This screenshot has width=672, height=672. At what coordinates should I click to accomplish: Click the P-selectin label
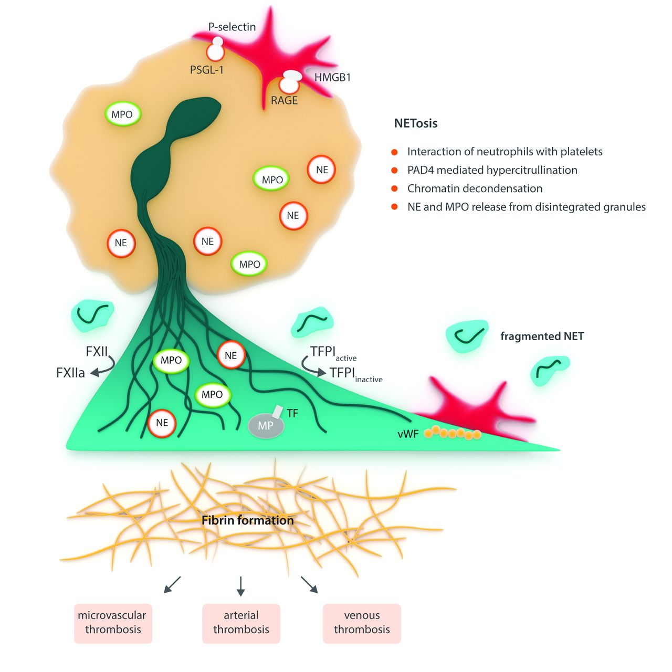point(232,27)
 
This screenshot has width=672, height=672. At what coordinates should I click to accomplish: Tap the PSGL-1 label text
point(207,69)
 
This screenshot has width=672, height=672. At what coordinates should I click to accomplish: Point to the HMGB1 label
point(332,78)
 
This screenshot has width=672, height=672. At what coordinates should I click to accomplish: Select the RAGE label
point(284,100)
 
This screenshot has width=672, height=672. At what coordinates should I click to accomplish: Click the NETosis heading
point(416,124)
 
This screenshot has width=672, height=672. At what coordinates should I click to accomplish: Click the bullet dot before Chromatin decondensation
point(394,188)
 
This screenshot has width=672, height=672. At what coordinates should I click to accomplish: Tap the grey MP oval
point(266,426)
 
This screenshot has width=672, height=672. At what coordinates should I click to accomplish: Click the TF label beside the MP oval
point(292,414)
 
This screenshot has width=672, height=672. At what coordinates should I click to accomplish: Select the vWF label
point(408,434)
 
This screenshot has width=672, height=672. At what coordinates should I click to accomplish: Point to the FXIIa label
point(70,373)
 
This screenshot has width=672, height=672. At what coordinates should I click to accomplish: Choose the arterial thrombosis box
point(241,623)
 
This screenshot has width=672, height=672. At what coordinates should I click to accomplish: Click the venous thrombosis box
point(362,623)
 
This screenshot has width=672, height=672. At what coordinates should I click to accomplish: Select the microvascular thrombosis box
point(113,623)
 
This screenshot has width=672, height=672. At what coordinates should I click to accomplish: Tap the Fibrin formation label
point(248,521)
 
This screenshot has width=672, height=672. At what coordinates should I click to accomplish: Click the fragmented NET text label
point(542,337)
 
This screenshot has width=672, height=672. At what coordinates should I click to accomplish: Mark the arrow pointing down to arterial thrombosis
point(241,586)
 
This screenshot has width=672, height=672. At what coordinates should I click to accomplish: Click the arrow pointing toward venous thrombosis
point(309,585)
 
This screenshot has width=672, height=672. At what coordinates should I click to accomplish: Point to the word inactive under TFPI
point(369,380)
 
